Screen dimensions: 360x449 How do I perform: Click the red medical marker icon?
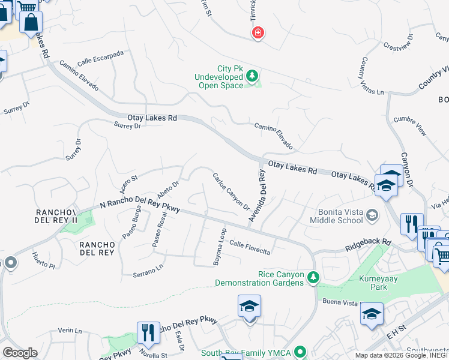pos(258,32)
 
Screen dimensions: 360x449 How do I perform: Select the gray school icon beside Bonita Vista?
pos(372,215)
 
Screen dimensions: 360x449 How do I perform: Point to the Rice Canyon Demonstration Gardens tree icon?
pos(312,278)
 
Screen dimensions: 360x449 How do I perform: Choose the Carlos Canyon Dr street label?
pos(231,191)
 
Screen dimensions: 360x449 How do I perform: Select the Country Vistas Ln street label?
pos(370,76)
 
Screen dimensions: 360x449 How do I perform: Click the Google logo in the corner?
pos(20,352)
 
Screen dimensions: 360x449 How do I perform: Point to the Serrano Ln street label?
pos(148,271)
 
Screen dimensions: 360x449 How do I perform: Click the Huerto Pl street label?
pos(43,260)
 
